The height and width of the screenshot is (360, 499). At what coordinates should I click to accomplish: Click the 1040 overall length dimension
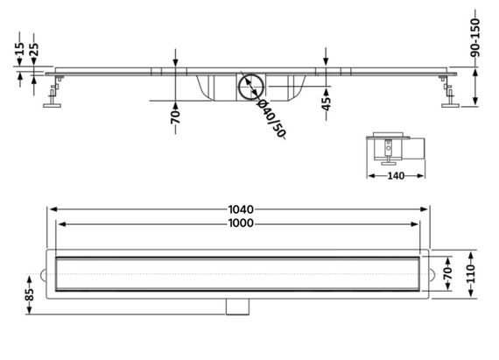coord(241,209)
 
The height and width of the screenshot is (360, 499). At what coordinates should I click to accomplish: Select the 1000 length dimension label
coord(241,223)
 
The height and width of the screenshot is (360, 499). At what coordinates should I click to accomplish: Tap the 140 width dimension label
coord(396,176)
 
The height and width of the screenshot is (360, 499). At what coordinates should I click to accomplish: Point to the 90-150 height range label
coord(474,38)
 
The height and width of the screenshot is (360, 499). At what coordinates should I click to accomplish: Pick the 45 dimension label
coord(327,103)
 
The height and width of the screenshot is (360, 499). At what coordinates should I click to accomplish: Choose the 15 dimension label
coord(19,49)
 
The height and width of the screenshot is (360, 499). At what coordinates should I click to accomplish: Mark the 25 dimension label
coord(33,49)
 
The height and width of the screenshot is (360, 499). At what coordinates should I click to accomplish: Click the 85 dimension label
coord(29,295)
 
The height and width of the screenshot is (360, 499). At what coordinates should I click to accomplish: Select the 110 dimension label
coord(471,273)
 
